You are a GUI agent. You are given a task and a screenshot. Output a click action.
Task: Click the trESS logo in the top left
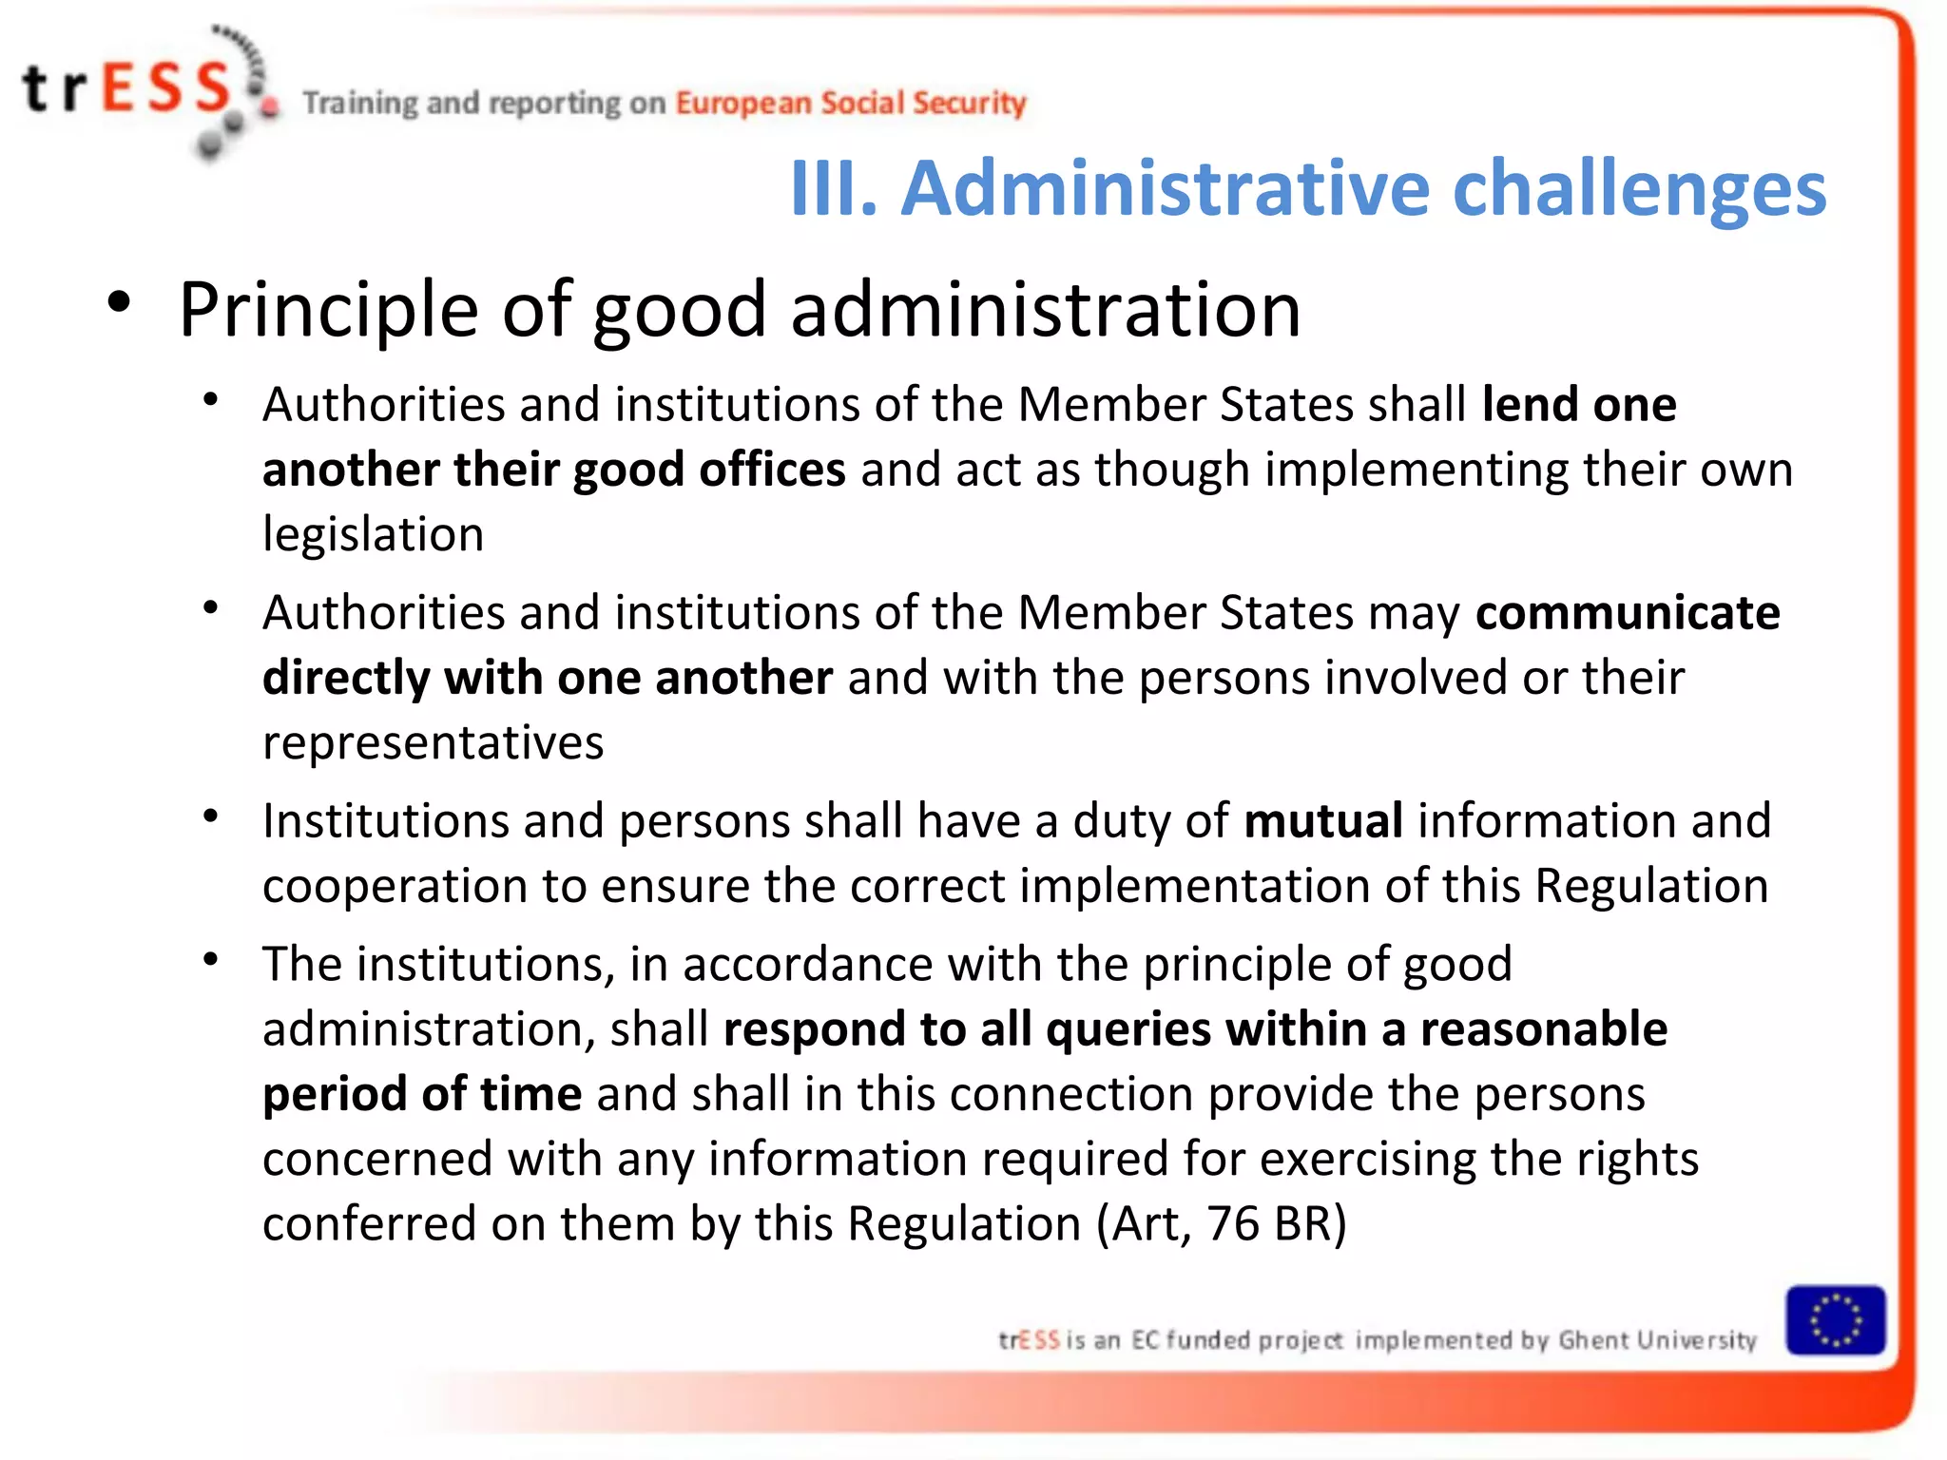[143, 90]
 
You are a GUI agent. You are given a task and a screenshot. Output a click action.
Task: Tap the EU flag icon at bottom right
[1835, 1321]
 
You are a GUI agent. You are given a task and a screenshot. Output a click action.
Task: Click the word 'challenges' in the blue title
[1639, 188]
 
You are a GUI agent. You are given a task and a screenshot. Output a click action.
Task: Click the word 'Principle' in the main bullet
[328, 310]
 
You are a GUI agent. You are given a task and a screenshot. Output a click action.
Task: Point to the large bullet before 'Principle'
[119, 303]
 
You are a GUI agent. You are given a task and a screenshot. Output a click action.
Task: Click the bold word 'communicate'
[1628, 613]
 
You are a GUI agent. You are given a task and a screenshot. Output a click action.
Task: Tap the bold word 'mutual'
[1323, 820]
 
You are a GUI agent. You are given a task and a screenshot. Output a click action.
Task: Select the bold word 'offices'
[772, 470]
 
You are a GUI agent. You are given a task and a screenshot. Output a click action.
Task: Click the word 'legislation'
[373, 534]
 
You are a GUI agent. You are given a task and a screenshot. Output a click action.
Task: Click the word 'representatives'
[433, 742]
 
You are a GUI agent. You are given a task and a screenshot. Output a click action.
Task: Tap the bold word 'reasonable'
[1543, 1029]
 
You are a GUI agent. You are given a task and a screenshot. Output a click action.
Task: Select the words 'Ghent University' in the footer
[1657, 1340]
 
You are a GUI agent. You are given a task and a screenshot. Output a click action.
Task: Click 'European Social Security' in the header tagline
[850, 103]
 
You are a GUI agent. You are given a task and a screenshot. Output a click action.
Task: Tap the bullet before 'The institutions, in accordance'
[211, 959]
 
